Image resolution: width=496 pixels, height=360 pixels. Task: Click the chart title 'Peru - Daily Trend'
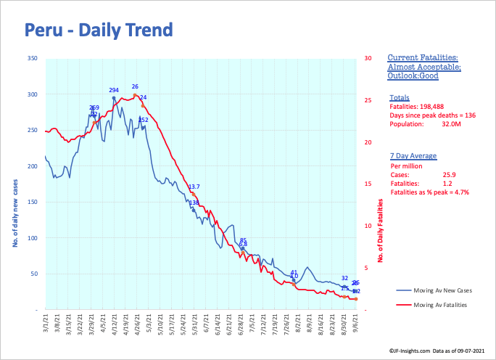[98, 30]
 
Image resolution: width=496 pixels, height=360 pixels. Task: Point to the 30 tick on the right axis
[368, 59]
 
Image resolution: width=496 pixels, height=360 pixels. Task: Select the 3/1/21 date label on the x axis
[46, 324]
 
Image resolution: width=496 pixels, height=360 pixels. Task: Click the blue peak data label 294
[114, 90]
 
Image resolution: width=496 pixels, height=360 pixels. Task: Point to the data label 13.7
[194, 187]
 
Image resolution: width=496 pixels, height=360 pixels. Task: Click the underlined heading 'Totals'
[399, 98]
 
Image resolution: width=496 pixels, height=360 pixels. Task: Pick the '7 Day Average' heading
[412, 156]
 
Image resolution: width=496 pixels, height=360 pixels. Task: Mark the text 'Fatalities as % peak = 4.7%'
[430, 192]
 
